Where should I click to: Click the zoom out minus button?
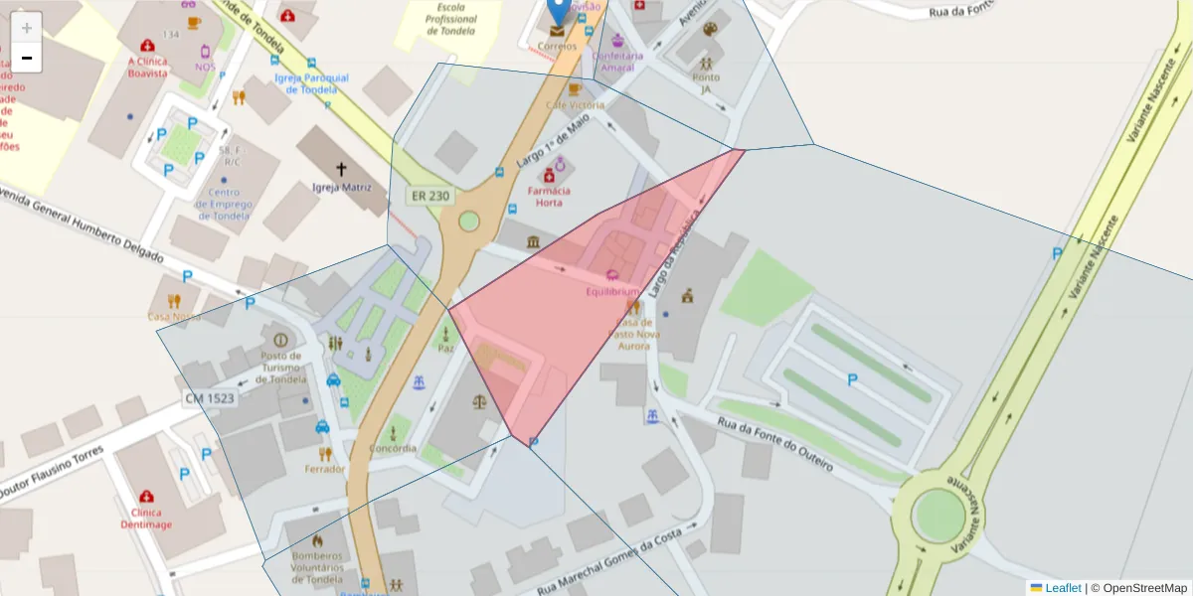(27, 59)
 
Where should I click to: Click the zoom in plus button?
(27, 28)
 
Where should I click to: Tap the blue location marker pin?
(559, 10)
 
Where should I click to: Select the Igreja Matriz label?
(341, 187)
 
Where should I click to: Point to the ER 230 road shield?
(430, 196)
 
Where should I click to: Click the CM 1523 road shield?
(209, 398)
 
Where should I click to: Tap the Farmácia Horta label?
(549, 197)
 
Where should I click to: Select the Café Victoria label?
(572, 104)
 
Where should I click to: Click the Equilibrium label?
(612, 291)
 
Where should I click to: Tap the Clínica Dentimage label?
(146, 519)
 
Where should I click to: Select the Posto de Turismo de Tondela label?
(280, 367)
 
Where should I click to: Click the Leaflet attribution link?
(1062, 588)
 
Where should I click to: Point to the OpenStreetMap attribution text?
(1139, 588)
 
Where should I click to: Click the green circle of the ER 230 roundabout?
(468, 221)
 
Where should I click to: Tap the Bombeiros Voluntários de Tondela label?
(317, 567)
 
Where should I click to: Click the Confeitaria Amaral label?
(617, 62)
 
